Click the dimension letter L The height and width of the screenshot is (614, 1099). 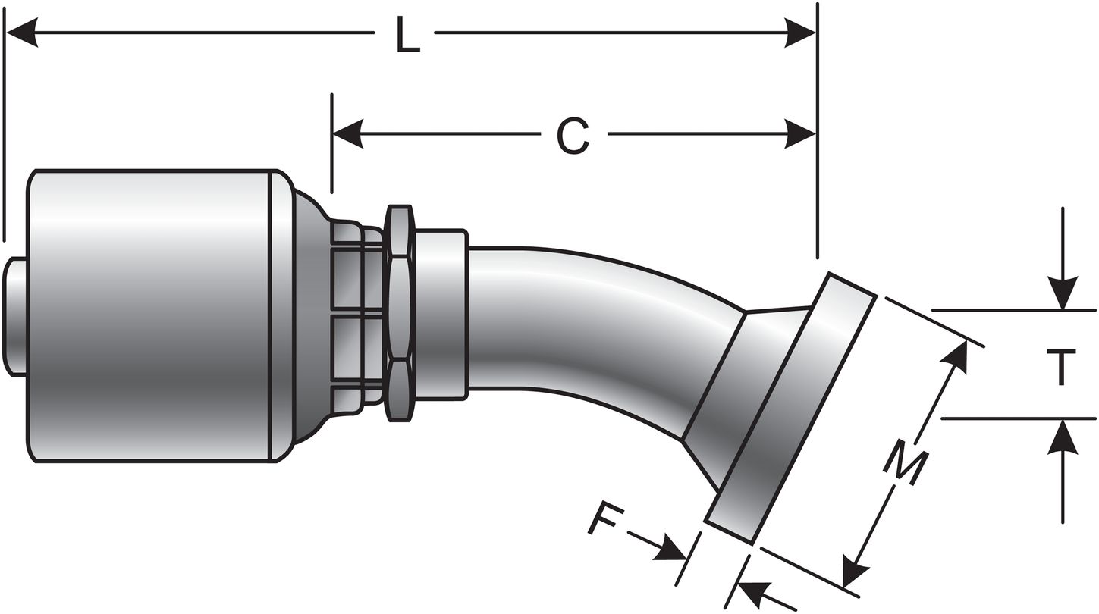[x=407, y=36]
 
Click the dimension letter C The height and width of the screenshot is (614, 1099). [x=574, y=136]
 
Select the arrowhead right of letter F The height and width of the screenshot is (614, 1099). [x=674, y=549]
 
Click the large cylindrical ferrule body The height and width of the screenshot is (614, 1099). [x=152, y=315]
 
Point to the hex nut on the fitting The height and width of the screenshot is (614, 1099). [x=400, y=313]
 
